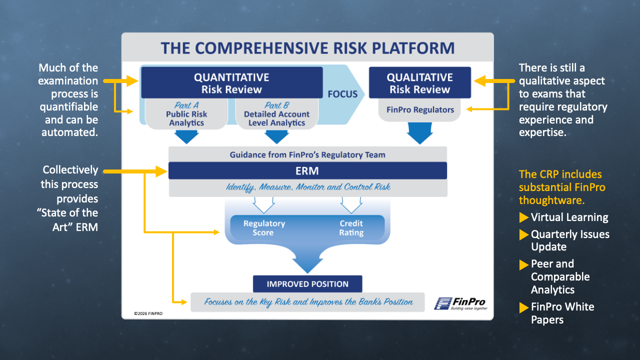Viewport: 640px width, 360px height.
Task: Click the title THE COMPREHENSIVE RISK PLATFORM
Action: [x=307, y=48]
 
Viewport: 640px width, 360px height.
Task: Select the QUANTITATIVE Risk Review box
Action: [x=231, y=83]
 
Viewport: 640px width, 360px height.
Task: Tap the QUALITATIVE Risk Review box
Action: [x=419, y=83]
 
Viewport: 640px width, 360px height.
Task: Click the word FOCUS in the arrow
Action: [x=342, y=94]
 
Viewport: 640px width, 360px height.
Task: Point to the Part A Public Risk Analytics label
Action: [x=186, y=114]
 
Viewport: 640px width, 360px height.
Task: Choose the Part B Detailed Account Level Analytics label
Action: [x=277, y=114]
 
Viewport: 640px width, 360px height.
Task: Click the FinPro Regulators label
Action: [x=419, y=109]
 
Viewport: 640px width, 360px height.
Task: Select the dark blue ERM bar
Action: [x=307, y=170]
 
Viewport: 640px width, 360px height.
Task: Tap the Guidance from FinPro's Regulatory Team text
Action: [x=307, y=154]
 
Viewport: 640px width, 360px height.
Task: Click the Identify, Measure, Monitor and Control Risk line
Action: [x=307, y=187]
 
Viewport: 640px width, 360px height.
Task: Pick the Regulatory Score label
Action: [x=264, y=228]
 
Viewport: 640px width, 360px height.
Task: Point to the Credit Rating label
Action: [x=351, y=228]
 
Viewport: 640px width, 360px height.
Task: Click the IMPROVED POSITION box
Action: [x=307, y=284]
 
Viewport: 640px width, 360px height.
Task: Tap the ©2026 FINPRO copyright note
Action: [x=148, y=313]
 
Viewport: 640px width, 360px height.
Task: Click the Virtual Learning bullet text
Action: [x=569, y=217]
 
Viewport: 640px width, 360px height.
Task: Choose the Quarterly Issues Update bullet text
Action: [x=570, y=240]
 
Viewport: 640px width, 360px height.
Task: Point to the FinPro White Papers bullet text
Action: [x=562, y=313]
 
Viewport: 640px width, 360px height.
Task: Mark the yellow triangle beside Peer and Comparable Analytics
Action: [x=523, y=264]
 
